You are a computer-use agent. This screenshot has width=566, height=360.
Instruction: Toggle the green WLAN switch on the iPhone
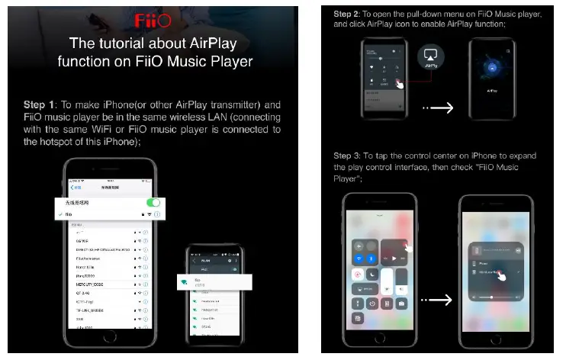pyautogui.click(x=153, y=203)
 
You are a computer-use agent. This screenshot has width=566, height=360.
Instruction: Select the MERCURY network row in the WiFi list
pyautogui.click(x=100, y=283)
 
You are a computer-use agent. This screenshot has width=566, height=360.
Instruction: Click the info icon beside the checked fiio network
pyautogui.click(x=156, y=215)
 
